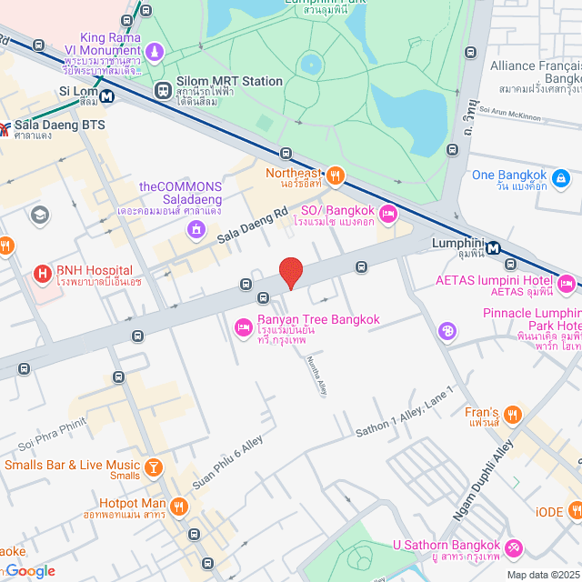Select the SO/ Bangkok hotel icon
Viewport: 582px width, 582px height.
click(x=387, y=214)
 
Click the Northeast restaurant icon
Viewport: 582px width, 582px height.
click(x=336, y=176)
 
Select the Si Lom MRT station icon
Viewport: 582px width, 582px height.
click(x=107, y=93)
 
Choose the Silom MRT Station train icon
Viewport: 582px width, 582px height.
click(x=163, y=89)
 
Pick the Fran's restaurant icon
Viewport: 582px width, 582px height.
click(x=514, y=416)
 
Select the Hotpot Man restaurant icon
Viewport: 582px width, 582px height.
click(x=180, y=507)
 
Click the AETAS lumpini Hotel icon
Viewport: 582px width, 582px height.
click(x=566, y=283)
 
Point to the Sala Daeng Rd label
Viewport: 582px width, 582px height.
click(x=252, y=224)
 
